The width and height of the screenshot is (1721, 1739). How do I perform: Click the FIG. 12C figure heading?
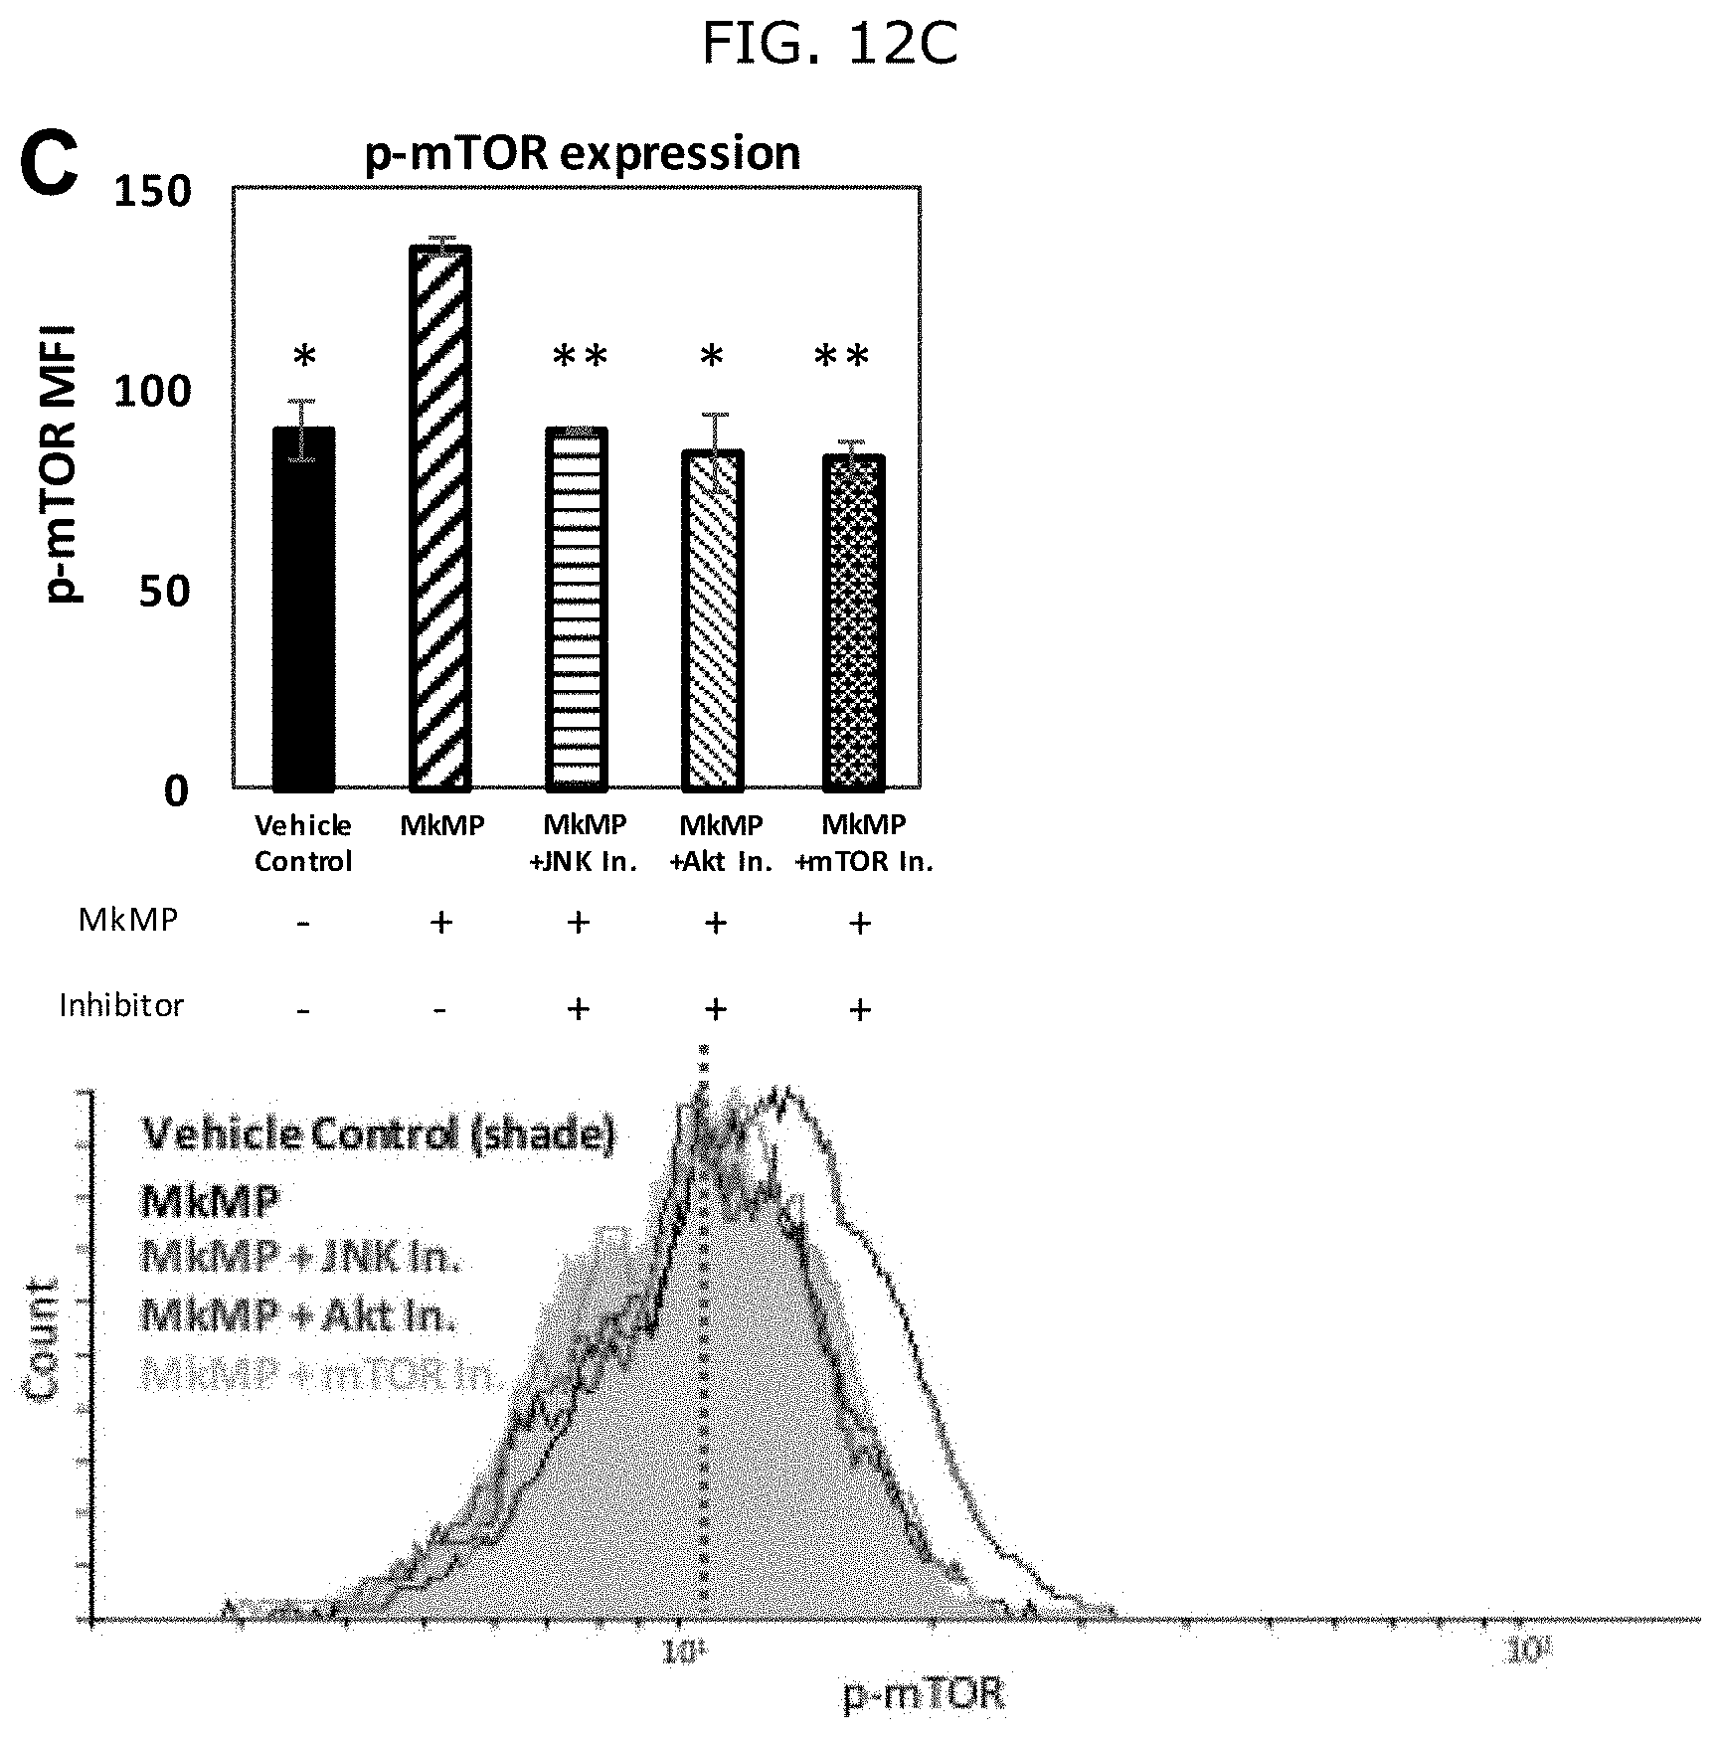tap(829, 44)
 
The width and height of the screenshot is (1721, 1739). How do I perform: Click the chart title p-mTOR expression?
tap(583, 154)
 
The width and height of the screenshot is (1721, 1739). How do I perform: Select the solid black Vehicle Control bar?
tap(303, 609)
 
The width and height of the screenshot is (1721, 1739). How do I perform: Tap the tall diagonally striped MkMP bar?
tap(440, 517)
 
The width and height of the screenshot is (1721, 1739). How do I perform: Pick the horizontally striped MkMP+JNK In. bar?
tap(577, 609)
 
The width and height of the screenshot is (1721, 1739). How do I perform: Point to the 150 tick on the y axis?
tap(152, 191)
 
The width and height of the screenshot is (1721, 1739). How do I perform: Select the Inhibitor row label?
tap(121, 1005)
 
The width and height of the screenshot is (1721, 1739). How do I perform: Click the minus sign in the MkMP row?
tap(303, 924)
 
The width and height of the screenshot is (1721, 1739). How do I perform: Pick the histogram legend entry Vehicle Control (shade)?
tap(379, 1133)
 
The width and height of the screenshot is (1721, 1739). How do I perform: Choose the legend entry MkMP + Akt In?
tap(298, 1316)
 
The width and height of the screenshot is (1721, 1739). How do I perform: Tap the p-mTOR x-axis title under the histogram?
tap(924, 1693)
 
